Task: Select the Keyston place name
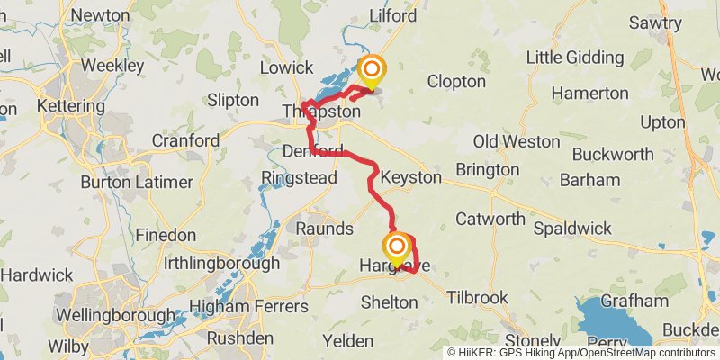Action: (x=410, y=177)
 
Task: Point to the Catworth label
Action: (x=490, y=218)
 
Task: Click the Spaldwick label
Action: (x=573, y=229)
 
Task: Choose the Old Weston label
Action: (x=509, y=141)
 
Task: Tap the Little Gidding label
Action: (x=573, y=57)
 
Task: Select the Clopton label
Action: (x=456, y=81)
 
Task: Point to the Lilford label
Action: (x=393, y=16)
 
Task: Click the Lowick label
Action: (x=286, y=67)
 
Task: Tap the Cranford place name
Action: (x=185, y=140)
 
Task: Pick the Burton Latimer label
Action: (x=137, y=182)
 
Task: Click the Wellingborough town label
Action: (x=115, y=316)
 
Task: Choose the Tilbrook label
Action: (x=478, y=297)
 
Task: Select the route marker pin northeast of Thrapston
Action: (x=371, y=72)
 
